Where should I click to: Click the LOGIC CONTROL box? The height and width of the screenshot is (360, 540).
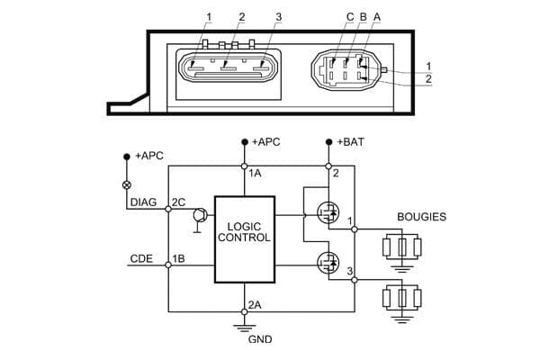(244, 238)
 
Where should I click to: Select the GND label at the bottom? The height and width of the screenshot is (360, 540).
(259, 340)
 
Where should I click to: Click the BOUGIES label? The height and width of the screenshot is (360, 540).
(422, 217)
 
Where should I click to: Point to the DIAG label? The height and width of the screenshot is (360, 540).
(144, 202)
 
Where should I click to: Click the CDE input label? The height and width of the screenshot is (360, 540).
(141, 259)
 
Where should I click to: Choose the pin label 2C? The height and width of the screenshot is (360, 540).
(177, 202)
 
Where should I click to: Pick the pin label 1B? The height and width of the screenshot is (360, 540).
(178, 259)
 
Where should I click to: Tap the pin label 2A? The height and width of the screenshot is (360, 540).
(255, 303)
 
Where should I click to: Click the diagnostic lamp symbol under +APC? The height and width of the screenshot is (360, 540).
(127, 184)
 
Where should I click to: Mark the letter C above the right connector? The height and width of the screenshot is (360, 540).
(350, 17)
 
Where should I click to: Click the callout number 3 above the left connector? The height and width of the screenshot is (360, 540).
(280, 17)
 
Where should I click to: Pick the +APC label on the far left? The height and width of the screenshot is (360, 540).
(147, 156)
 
